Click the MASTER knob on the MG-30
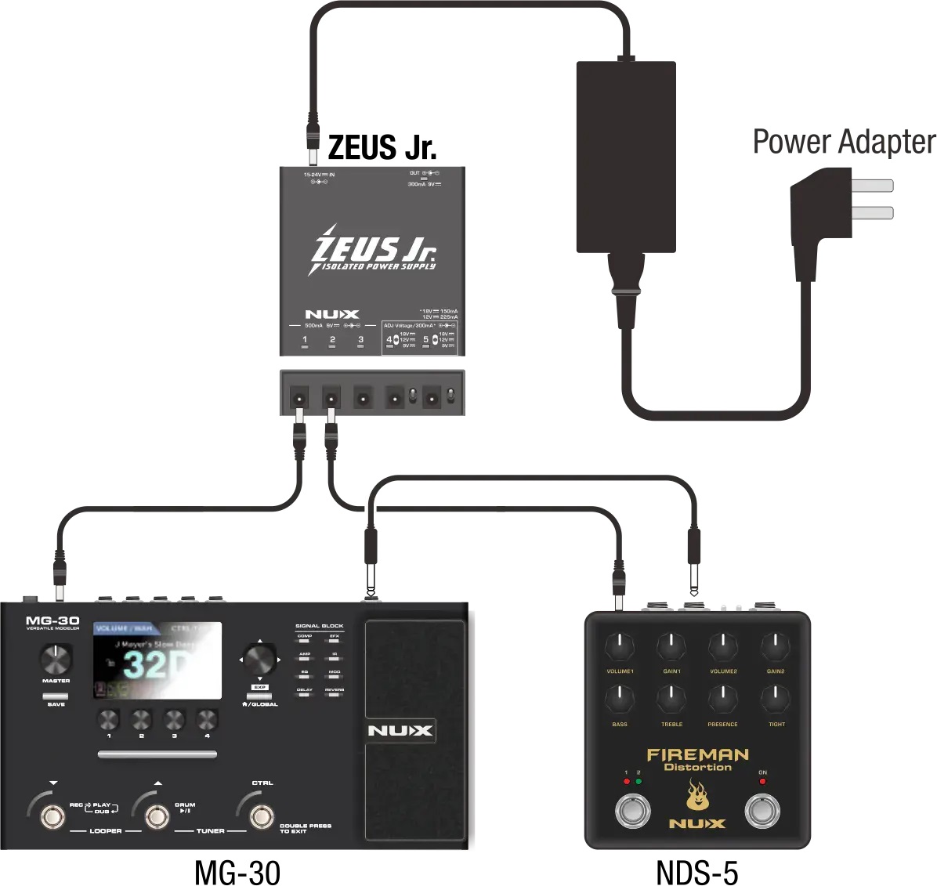56,660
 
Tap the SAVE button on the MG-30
56,696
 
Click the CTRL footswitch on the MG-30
262,816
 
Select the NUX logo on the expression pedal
400,731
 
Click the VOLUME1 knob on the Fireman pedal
620,648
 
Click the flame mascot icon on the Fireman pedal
696,797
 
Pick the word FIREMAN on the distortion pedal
697,755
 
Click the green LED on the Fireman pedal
639,781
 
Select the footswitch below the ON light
762,811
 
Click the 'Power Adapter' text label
844,143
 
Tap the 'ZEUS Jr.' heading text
382,147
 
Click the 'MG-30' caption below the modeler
237,872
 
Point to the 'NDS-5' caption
696,872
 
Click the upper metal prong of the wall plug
872,186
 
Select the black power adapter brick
626,157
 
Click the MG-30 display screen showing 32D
157,661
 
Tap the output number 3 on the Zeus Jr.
360,340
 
